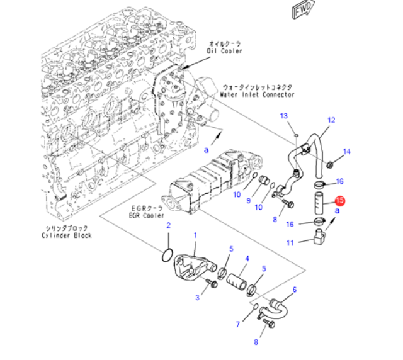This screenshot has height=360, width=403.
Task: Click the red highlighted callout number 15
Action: coord(340,200)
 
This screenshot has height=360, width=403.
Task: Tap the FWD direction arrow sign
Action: coord(304,9)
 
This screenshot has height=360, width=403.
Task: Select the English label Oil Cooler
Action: coord(224,51)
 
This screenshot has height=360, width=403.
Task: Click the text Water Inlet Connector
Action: coord(257,94)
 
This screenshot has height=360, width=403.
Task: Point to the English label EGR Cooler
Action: coord(146,215)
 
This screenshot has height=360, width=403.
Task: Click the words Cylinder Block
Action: coord(67,235)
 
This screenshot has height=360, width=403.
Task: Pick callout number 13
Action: coord(284,116)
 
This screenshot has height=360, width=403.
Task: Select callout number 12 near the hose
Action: coord(331,120)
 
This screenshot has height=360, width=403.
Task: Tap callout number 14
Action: coord(347,152)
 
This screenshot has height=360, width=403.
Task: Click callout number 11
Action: coord(290,243)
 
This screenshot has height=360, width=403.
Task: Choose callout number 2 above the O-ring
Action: coord(169,225)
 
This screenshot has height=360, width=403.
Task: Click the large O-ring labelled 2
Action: coord(167,256)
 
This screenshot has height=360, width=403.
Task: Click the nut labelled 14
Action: coord(329,164)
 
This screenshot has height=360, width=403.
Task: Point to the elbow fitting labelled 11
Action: coord(319,237)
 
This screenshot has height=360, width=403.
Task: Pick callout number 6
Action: coord(295,290)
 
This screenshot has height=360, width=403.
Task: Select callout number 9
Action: coord(249,201)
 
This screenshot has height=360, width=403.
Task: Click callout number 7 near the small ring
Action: coord(238,324)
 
